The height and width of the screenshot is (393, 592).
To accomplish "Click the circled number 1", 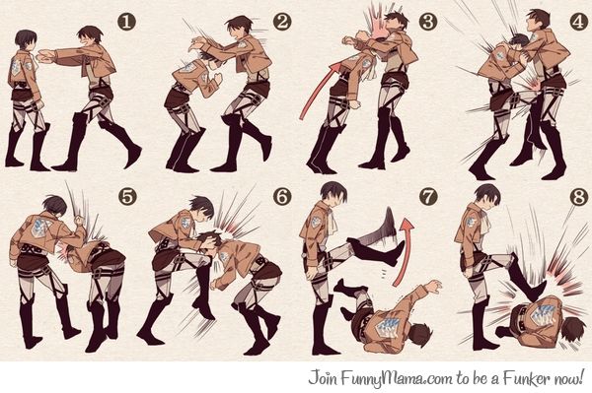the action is coord(126,21).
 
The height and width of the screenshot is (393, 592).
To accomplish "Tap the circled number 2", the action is coord(282,21).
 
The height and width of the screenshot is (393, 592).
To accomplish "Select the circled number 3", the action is coord(428,21).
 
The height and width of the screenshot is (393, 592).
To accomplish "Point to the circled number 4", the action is coord(578,21).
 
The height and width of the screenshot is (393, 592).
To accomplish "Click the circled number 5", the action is coord(127,196).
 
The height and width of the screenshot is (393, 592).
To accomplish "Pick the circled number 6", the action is coord(282,196).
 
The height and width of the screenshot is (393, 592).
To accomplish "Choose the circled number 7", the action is coord(428,196).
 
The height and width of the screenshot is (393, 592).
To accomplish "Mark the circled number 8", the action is coord(579,196).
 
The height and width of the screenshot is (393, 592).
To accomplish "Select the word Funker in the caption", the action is coord(527,378).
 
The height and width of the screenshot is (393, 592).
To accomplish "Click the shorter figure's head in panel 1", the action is coord(26,40).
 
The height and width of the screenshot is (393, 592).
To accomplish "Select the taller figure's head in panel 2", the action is coord(239,27).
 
